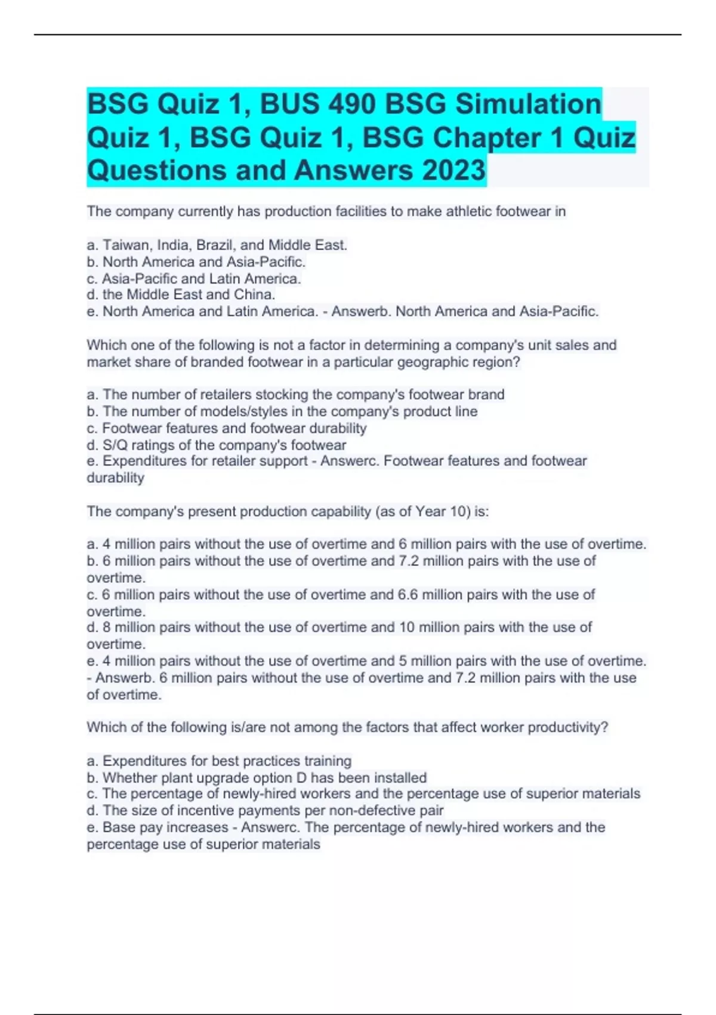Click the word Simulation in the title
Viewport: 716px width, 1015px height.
(528, 104)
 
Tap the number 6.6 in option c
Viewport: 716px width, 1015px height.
(409, 595)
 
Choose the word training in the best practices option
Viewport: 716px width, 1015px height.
(328, 761)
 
